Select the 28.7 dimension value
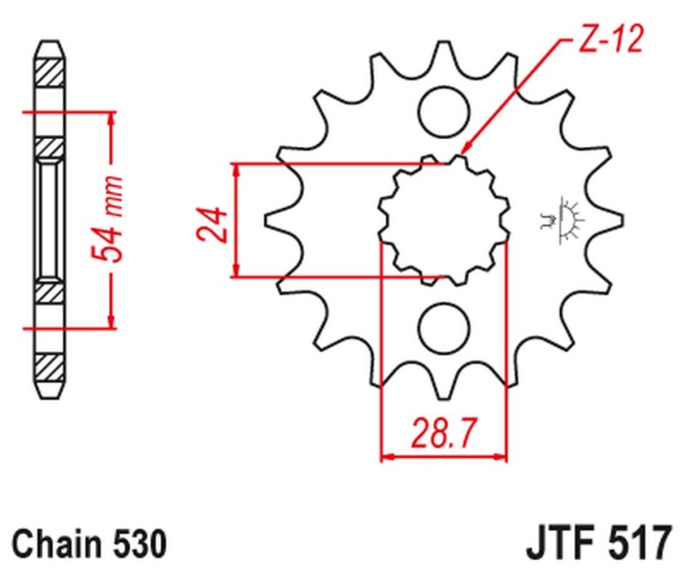click(443, 429)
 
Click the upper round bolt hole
click(445, 109)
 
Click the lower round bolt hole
click(444, 327)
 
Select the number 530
click(136, 545)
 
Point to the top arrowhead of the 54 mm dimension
click(111, 117)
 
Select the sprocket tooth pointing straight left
click(273, 219)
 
